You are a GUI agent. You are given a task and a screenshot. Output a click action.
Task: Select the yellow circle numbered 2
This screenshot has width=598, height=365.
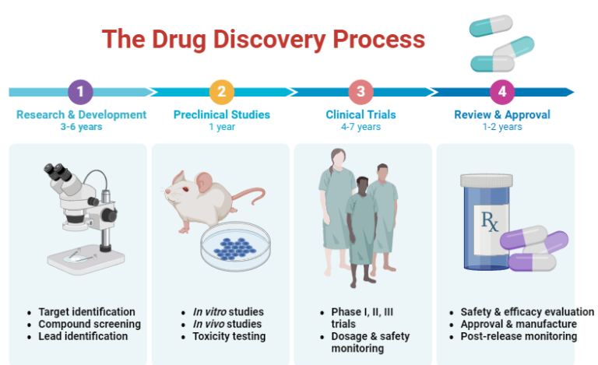tap(221, 92)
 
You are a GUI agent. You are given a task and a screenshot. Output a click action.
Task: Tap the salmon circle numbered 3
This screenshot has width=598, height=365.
tap(361, 92)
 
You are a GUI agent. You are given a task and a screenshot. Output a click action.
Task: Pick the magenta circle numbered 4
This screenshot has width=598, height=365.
tap(502, 92)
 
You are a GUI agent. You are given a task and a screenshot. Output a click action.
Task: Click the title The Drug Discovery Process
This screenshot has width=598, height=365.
tap(264, 39)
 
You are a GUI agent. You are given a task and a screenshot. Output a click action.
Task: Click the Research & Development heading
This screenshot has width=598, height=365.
tap(81, 114)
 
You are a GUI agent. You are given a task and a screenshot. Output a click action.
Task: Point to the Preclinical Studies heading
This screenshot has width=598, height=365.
tap(222, 114)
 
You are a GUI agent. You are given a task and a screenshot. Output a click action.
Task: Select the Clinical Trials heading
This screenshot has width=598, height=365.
tap(361, 114)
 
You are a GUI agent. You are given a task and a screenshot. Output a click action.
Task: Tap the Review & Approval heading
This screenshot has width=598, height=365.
tap(502, 114)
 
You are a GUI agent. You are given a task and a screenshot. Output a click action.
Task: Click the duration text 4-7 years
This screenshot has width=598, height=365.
tap(361, 127)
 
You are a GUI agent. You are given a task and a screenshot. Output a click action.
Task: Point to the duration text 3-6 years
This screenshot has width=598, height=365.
tap(81, 127)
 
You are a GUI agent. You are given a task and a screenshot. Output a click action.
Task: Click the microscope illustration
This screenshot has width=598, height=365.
tap(81, 214)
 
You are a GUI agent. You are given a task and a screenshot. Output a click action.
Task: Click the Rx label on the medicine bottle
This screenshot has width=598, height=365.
tap(491, 224)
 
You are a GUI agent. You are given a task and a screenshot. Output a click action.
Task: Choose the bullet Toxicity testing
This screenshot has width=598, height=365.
tap(229, 336)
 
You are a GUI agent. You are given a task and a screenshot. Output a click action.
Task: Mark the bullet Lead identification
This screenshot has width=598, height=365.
tap(83, 336)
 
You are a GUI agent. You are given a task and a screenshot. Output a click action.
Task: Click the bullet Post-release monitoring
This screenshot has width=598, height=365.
tap(519, 336)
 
